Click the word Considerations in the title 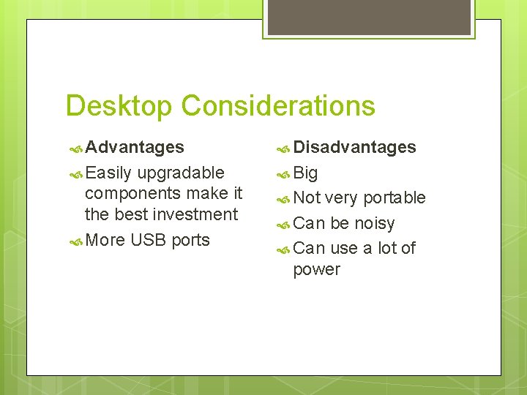click(278, 106)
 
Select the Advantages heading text click(135, 147)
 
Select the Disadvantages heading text click(354, 147)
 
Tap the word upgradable click(180, 173)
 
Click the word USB click(149, 240)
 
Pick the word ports click(190, 241)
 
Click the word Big click(305, 173)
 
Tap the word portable click(394, 198)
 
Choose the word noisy click(374, 223)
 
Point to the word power click(316, 270)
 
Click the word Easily click(108, 173)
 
